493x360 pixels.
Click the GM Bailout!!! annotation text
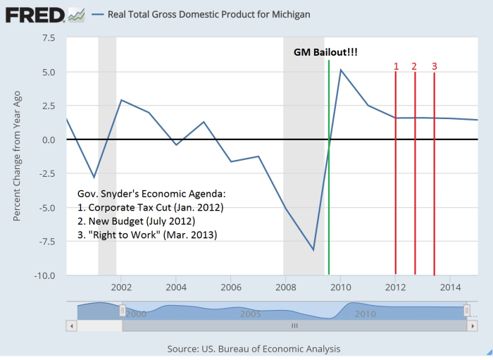(325, 52)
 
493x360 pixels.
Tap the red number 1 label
(396, 67)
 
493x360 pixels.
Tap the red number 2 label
(414, 67)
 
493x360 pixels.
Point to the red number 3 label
(434, 67)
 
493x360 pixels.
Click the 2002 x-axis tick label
(121, 287)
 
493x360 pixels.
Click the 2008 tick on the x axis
(285, 287)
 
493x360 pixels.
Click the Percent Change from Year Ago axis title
(17, 155)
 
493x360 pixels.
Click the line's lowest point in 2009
(313, 249)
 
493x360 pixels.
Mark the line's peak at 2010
(341, 70)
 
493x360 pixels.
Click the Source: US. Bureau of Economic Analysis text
(254, 349)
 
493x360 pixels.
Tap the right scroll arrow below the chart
(473, 326)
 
